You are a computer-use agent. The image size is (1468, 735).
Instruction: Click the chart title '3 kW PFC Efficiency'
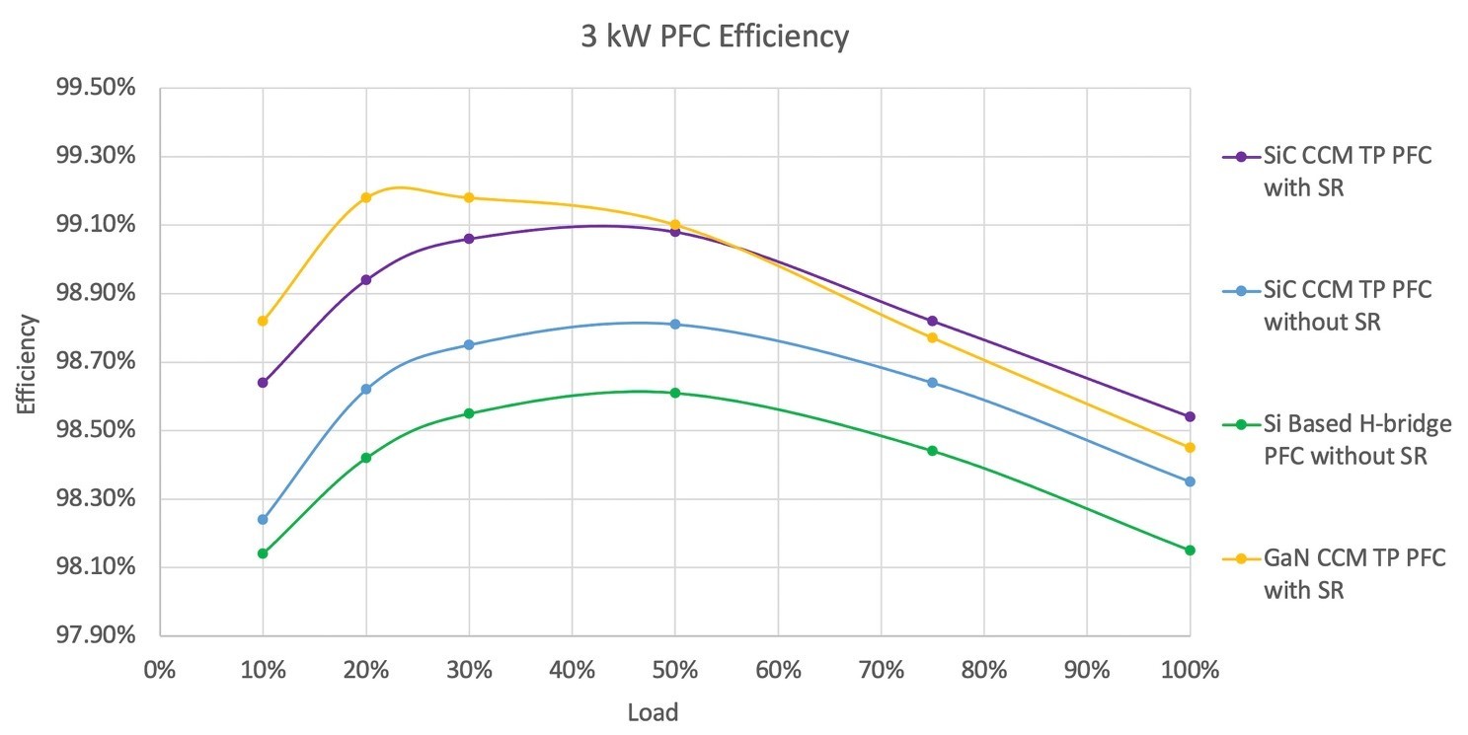tap(714, 37)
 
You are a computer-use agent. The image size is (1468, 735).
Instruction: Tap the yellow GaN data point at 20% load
tap(366, 197)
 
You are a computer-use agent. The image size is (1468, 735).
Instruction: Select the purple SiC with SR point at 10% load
tap(263, 382)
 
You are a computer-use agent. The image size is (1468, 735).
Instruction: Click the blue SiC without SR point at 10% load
tap(263, 519)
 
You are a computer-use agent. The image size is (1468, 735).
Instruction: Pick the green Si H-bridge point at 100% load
tap(1190, 550)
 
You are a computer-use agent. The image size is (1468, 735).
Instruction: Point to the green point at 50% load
tap(675, 393)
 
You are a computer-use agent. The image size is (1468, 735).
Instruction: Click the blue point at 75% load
tap(932, 382)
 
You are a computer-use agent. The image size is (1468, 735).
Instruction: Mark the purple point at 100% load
tap(1190, 416)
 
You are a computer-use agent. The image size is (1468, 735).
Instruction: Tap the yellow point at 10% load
tap(263, 321)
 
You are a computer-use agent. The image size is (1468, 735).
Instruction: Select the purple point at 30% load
tap(469, 239)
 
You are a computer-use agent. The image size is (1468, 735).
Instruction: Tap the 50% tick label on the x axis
tap(675, 671)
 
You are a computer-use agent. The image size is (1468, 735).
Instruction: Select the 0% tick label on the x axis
tap(159, 671)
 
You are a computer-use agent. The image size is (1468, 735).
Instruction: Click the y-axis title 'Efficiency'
tap(27, 363)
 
